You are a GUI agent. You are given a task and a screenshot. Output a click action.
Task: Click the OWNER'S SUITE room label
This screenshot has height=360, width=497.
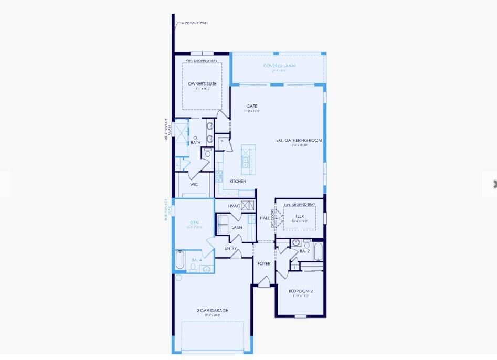(202, 84)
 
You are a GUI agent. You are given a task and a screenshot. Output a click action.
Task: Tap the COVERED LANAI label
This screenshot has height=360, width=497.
(280, 66)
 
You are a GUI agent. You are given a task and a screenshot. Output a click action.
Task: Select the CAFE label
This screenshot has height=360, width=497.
(252, 106)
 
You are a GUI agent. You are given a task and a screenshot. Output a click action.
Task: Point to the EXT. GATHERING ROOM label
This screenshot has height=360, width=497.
(299, 140)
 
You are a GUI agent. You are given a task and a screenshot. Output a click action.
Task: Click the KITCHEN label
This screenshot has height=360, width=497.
(238, 181)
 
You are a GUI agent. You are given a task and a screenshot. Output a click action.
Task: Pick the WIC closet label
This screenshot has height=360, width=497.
(194, 185)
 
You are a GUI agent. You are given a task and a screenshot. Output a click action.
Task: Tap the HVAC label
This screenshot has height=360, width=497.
(234, 206)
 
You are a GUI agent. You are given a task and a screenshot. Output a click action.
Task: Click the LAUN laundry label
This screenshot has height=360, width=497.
(237, 228)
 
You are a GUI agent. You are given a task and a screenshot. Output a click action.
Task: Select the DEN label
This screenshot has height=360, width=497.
(194, 223)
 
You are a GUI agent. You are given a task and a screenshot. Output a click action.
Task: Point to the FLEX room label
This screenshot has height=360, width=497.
(300, 216)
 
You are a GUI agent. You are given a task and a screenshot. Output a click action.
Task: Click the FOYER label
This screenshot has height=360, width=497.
(264, 263)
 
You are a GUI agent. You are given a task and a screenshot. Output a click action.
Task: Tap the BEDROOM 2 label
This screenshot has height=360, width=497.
(301, 291)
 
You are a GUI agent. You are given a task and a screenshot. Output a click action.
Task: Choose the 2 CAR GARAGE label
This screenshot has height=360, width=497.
(213, 311)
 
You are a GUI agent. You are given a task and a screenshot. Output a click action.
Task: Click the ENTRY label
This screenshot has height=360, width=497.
(231, 248)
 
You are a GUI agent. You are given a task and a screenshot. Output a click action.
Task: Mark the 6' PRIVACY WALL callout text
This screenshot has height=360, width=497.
(195, 23)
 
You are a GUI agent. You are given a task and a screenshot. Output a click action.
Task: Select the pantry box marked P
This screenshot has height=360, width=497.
(222, 142)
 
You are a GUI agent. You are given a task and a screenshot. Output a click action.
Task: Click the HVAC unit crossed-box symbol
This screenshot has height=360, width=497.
(248, 206)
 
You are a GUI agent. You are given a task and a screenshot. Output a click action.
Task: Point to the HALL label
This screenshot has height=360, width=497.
(265, 218)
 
